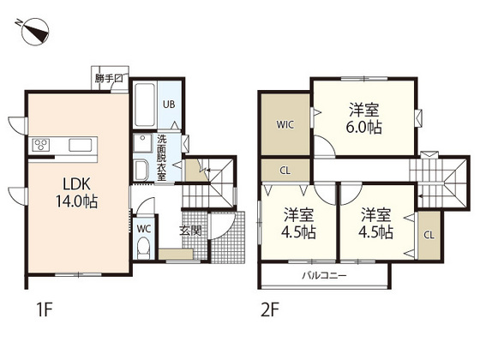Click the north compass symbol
pos(33,31)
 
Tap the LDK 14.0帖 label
pos(76,193)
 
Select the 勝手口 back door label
pos(109,78)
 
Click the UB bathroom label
pos(169,105)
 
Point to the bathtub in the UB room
pos(145,104)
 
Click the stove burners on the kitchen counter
pos(41,145)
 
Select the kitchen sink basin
pos(81,145)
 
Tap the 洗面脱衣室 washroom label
pos(162,158)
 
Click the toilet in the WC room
pos(143,248)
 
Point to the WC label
pos(144,229)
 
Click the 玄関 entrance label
pos(190,231)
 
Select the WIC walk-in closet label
pos(285,124)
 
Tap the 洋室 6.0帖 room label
pos(364,119)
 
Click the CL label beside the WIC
pos(285,171)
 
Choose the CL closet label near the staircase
pos(429,235)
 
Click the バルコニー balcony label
pos(324,275)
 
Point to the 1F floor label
pos(45,309)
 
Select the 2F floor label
pos(270,309)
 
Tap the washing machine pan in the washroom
pos(142,143)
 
